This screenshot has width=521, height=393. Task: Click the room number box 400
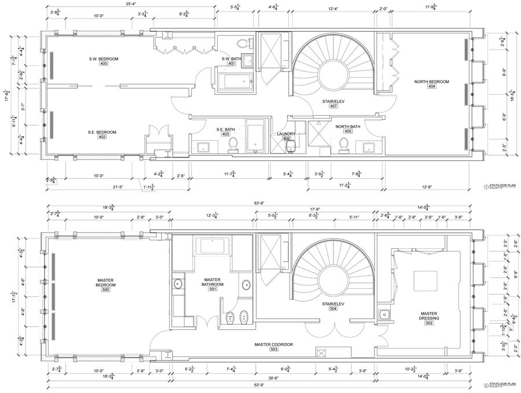click(x=104, y=64)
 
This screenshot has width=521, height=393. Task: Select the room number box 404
click(x=432, y=87)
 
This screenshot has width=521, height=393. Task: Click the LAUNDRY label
click(x=286, y=134)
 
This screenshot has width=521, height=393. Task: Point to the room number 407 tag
click(x=333, y=106)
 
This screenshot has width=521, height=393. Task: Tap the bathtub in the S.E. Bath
click(x=255, y=139)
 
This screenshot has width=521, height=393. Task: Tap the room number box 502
click(x=428, y=322)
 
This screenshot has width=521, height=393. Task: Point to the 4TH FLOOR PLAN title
click(x=502, y=186)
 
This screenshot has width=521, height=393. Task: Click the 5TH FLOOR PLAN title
click(x=502, y=384)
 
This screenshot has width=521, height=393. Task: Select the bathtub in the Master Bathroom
click(x=215, y=245)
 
